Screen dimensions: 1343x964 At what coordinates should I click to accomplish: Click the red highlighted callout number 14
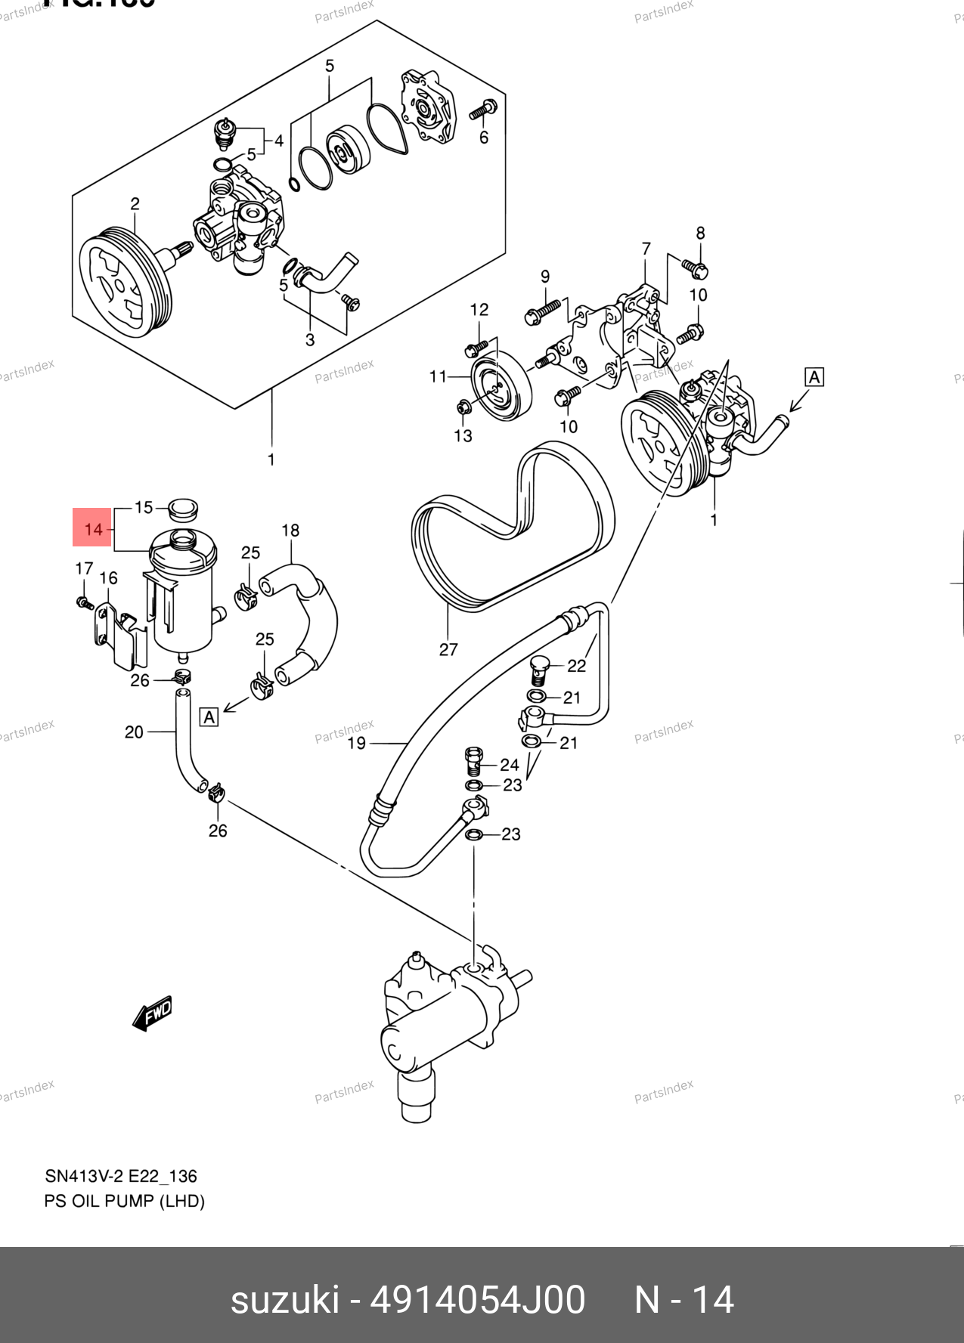click(x=93, y=528)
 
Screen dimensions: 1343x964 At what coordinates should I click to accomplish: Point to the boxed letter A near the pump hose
click(x=814, y=376)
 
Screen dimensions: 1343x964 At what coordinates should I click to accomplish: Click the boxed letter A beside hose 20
click(x=209, y=716)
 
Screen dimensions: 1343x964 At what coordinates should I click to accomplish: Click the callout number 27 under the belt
click(x=448, y=649)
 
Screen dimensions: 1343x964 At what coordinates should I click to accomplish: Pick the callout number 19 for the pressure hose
click(x=356, y=743)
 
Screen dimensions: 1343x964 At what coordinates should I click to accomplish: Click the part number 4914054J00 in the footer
click(x=477, y=1300)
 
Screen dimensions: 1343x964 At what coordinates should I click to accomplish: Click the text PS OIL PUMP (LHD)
click(x=125, y=1201)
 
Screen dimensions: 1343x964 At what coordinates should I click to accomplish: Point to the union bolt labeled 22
click(x=538, y=667)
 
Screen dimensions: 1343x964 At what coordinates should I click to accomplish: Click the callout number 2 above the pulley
click(x=135, y=203)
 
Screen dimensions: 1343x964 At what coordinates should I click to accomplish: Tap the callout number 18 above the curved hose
click(x=290, y=531)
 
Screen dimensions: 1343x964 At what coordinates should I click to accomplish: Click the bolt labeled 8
click(x=694, y=266)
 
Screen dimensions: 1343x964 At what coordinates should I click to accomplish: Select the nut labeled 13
click(x=464, y=407)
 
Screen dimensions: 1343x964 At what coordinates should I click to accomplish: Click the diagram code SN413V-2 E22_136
click(x=121, y=1176)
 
